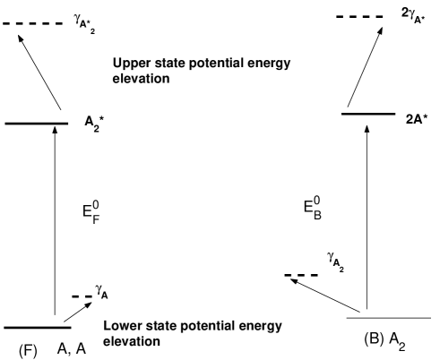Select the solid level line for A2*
tap(36, 123)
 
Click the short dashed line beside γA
tap(82, 296)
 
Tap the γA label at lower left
tap(102, 293)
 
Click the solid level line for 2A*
tap(368, 114)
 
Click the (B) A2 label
tap(392, 341)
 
